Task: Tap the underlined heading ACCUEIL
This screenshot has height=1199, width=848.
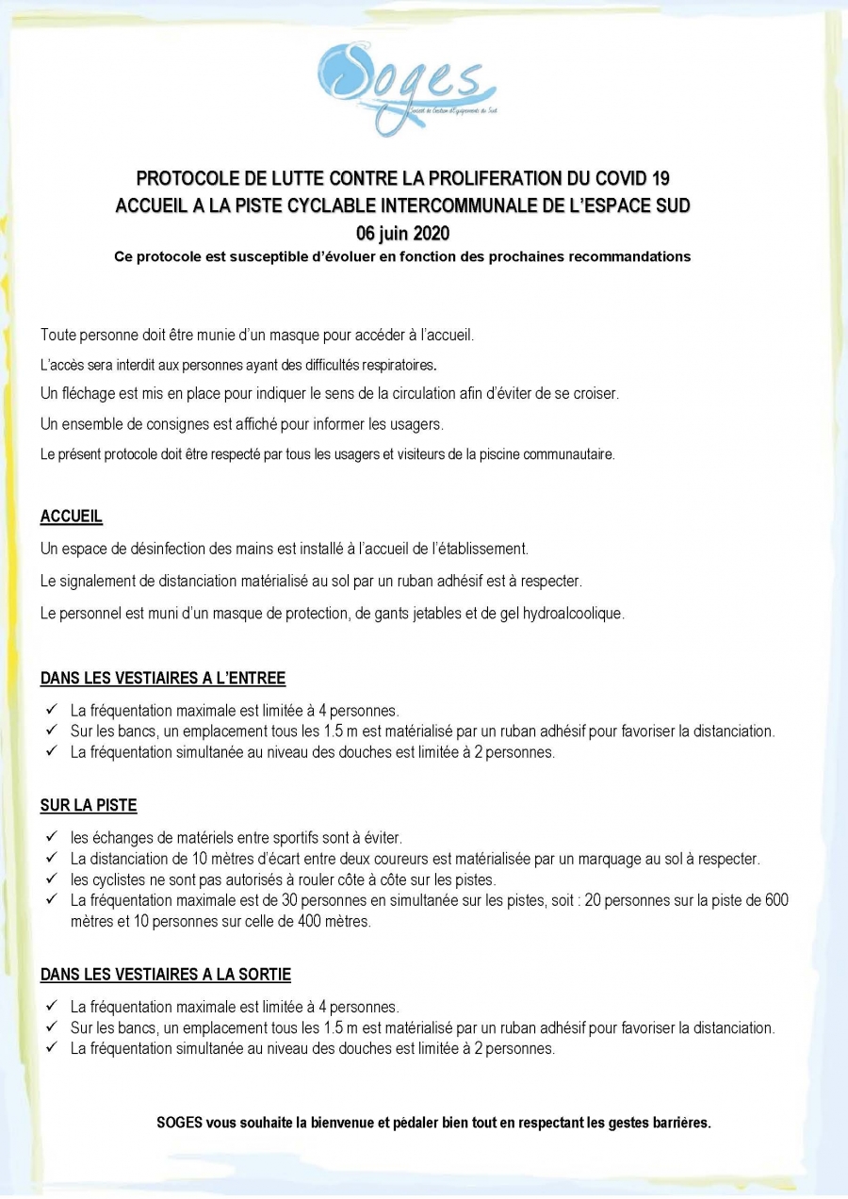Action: (x=72, y=517)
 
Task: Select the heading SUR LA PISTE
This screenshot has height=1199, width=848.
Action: (x=89, y=806)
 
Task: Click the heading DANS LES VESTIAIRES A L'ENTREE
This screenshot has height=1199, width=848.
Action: (x=163, y=678)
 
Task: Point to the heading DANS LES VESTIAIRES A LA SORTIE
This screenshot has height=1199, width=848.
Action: (x=166, y=975)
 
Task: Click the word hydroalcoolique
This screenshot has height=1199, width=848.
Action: (x=568, y=614)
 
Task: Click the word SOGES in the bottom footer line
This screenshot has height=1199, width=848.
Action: (x=179, y=1123)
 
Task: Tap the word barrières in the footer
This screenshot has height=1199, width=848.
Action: (x=679, y=1123)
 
